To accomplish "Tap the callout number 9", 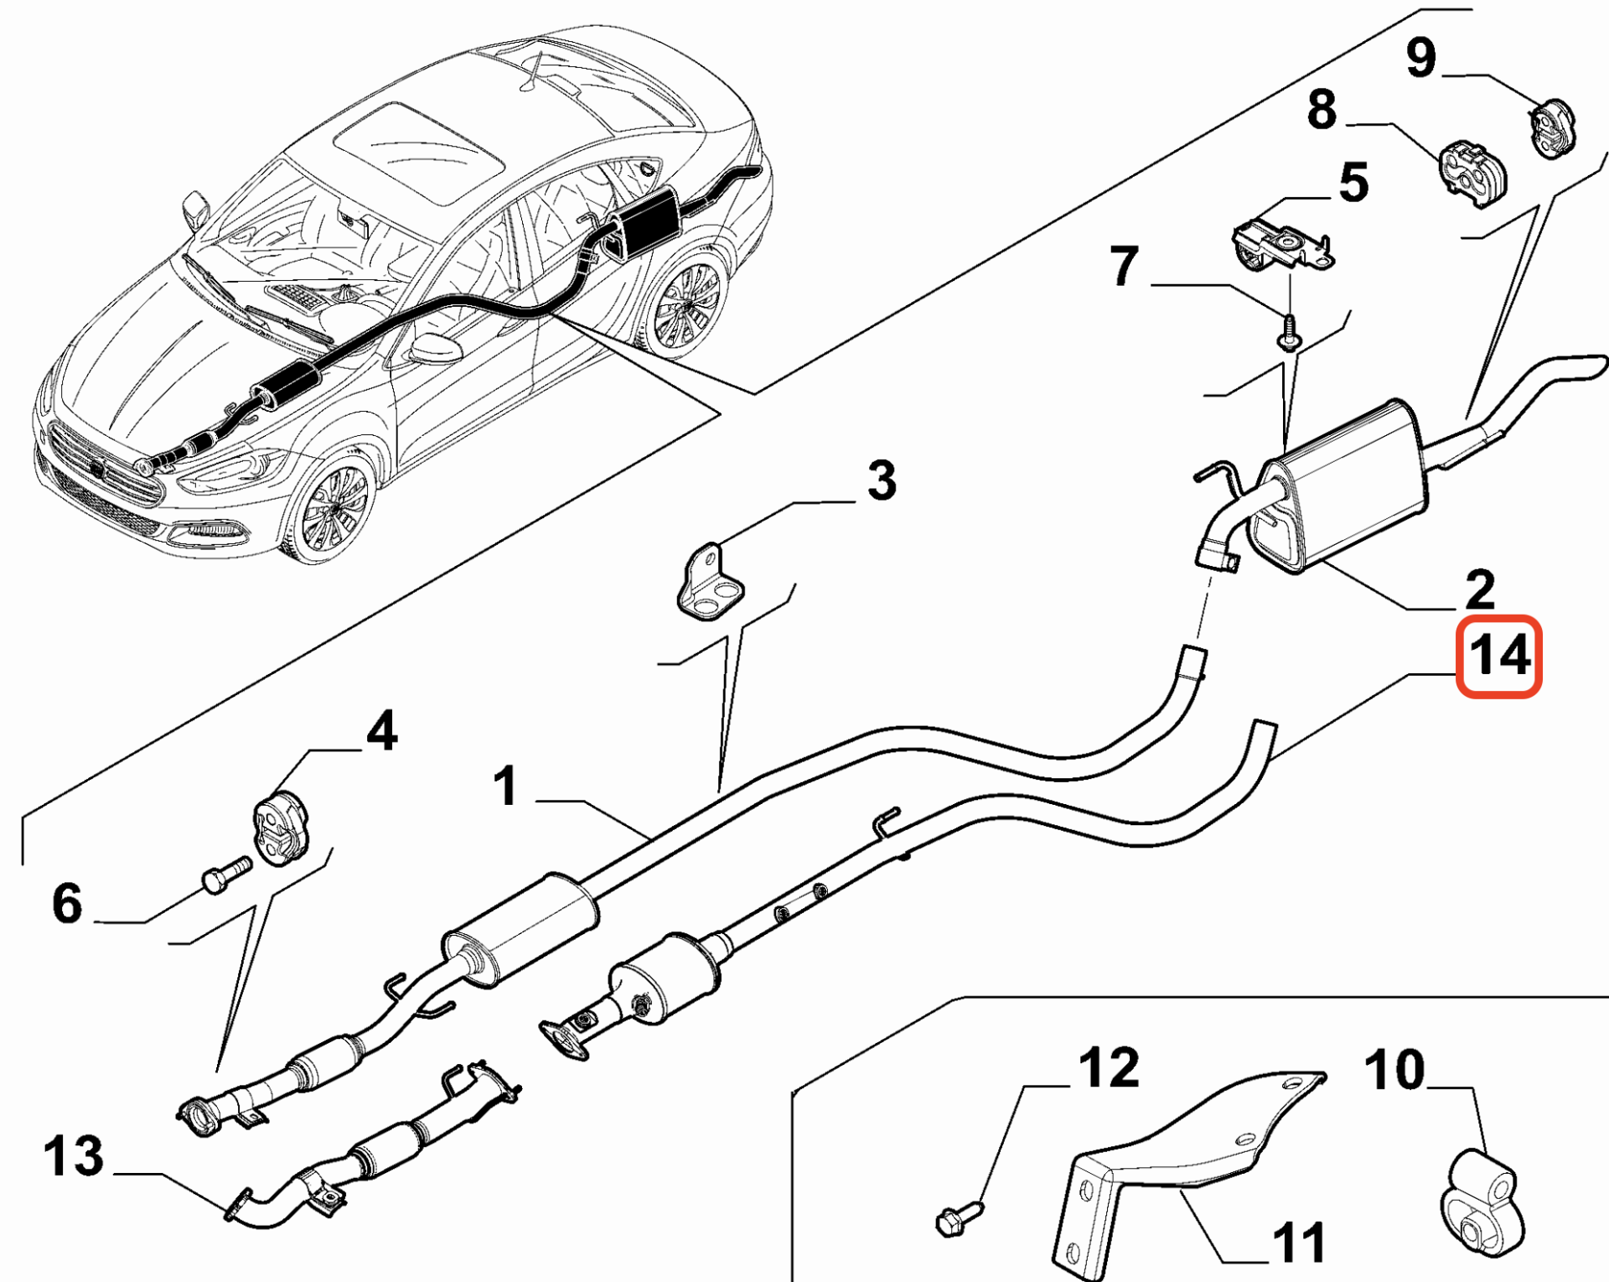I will pyautogui.click(x=1421, y=59).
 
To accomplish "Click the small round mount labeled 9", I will pyautogui.click(x=1553, y=128).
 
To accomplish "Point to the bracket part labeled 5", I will pyautogui.click(x=1280, y=245).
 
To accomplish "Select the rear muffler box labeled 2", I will pyautogui.click(x=1341, y=486).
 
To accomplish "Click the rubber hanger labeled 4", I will pyautogui.click(x=281, y=827).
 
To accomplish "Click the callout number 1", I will pyautogui.click(x=505, y=786).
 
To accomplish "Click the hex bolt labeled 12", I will pyautogui.click(x=957, y=1218).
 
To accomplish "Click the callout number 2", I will pyautogui.click(x=1480, y=589).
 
